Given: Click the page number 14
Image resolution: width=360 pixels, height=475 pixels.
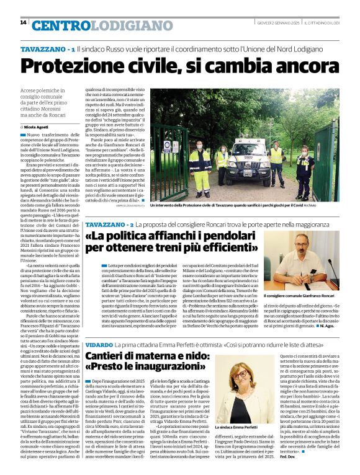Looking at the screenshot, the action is click(x=24, y=23).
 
